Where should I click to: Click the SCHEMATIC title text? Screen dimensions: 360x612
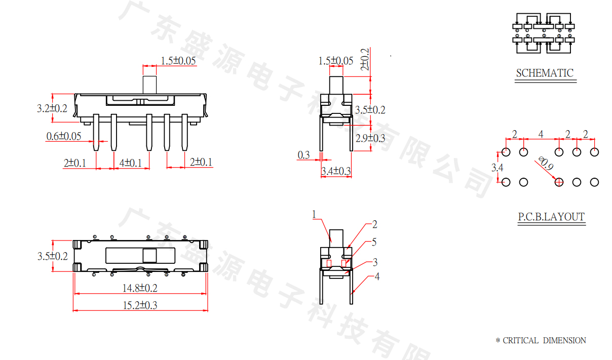pyautogui.click(x=545, y=73)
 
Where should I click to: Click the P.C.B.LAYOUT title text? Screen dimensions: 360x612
pyautogui.click(x=551, y=217)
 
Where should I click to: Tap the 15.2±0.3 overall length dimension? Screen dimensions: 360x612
pyautogui.click(x=140, y=305)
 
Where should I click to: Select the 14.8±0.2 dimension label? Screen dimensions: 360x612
pyautogui.click(x=140, y=288)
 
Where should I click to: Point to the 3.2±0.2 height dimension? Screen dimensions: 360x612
pyautogui.click(x=52, y=108)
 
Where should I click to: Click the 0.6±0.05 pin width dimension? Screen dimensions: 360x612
pyautogui.click(x=64, y=136)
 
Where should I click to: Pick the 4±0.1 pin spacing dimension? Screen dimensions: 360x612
pyautogui.click(x=131, y=163)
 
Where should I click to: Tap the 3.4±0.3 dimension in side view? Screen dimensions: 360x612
pyautogui.click(x=336, y=171)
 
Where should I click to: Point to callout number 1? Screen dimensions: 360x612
pyautogui.click(x=314, y=215)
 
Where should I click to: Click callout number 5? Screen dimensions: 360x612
pyautogui.click(x=374, y=243)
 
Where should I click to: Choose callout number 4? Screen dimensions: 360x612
pyautogui.click(x=376, y=276)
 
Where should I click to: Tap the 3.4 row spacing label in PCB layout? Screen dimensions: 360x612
pyautogui.click(x=498, y=168)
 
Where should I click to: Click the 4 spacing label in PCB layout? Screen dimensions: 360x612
pyautogui.click(x=541, y=134)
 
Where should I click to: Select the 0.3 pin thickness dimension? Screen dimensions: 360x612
pyautogui.click(x=304, y=155)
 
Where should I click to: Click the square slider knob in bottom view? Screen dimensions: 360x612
pyautogui.click(x=149, y=255)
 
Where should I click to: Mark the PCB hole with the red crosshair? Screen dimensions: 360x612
pyautogui.click(x=559, y=182)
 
